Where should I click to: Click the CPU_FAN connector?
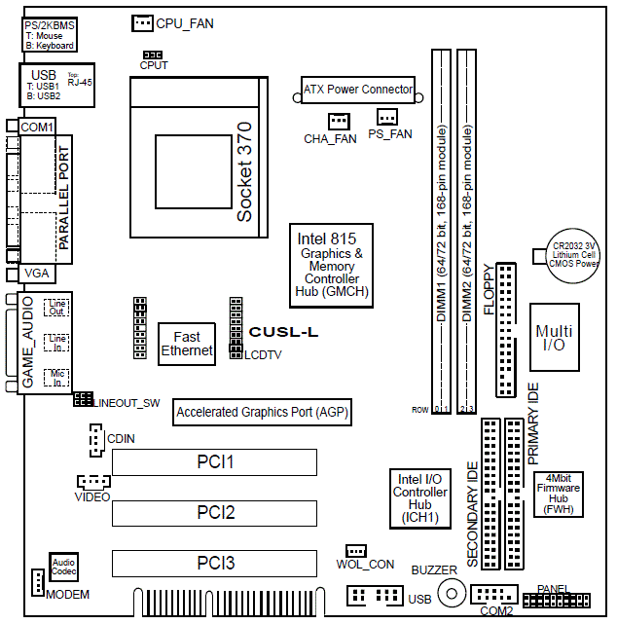pos(142,21)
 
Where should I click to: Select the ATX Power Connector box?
pos(357,90)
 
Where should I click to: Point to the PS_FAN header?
pos(387,118)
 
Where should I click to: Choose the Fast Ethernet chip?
pos(187,344)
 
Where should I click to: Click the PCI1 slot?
pos(214,460)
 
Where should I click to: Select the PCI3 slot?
pos(214,563)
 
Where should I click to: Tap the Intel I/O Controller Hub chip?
pos(419,498)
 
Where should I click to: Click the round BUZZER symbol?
pos(451,591)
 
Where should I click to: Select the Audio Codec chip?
pos(64,568)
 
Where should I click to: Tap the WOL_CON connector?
pos(355,551)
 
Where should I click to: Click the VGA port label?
pos(36,274)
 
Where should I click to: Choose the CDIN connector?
pos(94,444)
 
